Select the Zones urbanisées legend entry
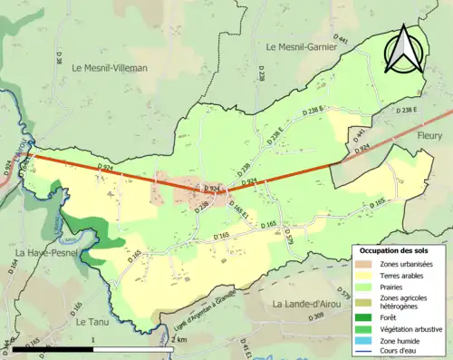click(x=406, y=263)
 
